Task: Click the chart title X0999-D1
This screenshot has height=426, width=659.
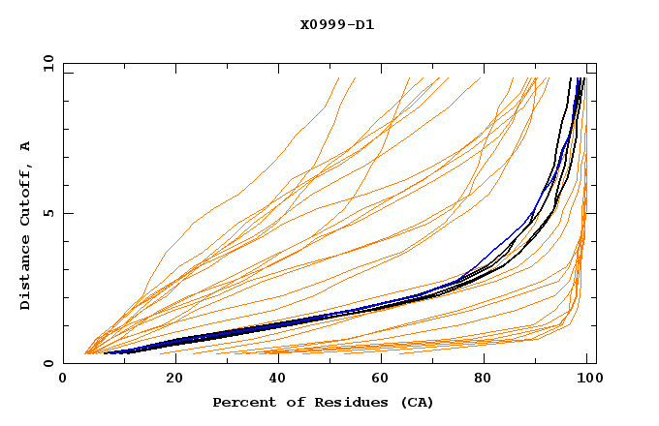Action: click(x=336, y=24)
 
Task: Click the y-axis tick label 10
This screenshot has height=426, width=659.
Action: click(x=47, y=63)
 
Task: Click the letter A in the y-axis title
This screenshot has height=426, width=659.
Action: click(x=25, y=146)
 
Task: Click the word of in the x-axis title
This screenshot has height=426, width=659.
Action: click(x=288, y=402)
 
